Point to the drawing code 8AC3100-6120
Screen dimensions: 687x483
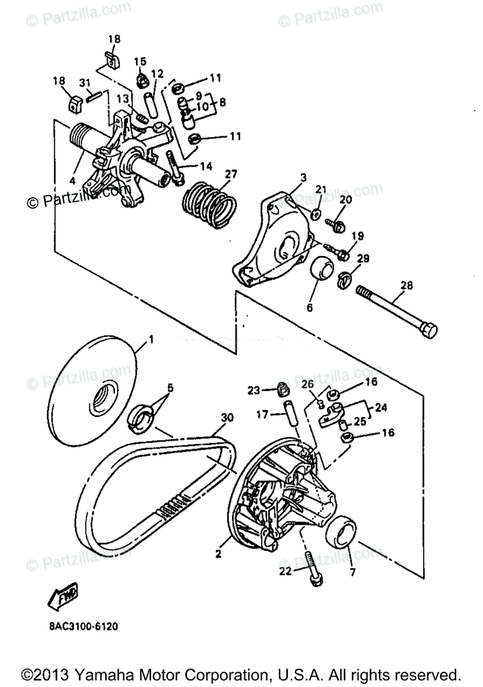[x=84, y=626]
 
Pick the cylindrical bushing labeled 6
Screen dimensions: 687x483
[x=322, y=269]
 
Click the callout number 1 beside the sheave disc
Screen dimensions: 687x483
[x=151, y=339]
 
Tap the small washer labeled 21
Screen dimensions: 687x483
[x=315, y=214]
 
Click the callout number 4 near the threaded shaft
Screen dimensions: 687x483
[x=73, y=179]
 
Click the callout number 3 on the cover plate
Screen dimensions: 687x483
[x=304, y=177]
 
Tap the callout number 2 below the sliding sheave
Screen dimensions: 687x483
[x=218, y=554]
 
